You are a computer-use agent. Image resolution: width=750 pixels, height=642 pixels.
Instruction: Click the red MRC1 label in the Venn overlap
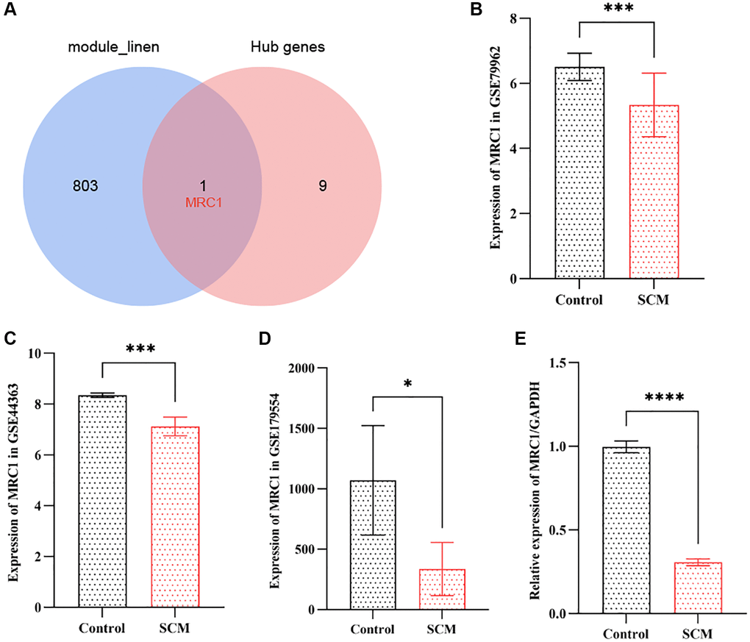[x=203, y=201]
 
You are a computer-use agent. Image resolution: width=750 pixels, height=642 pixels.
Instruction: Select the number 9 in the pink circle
[x=322, y=186]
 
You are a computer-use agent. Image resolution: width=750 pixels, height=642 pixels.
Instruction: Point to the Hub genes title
[x=294, y=48]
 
